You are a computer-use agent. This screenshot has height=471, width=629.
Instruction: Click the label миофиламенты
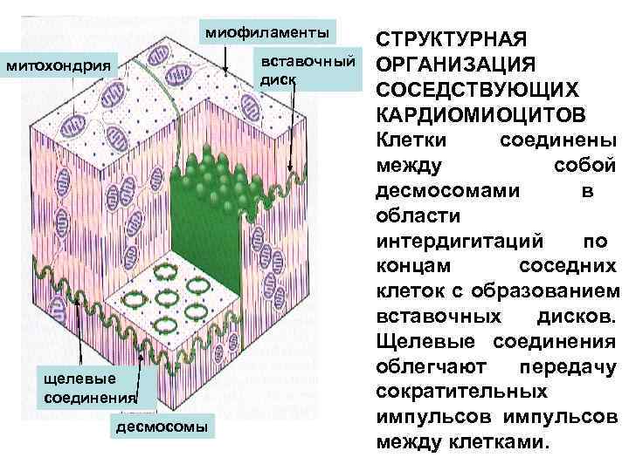pyautogui.click(x=267, y=33)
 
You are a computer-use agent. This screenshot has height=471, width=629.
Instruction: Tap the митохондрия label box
pyautogui.click(x=61, y=65)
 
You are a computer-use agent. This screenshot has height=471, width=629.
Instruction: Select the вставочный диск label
pyautogui.click(x=305, y=70)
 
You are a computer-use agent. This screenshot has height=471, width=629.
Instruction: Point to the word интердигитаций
pyautogui.click(x=462, y=239)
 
